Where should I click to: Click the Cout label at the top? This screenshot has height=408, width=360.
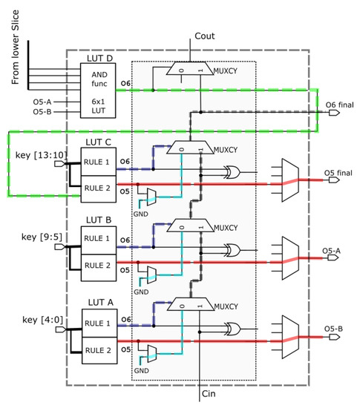(x=204, y=36)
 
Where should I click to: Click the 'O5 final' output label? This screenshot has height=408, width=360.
(x=338, y=174)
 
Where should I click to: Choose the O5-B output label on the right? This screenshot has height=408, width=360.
(x=336, y=327)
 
